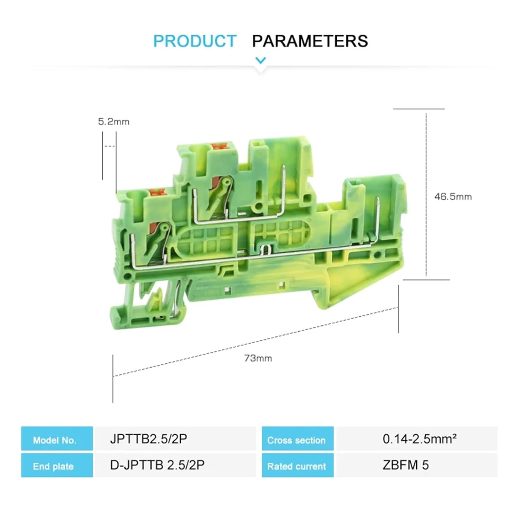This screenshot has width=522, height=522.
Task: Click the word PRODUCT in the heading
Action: click(x=195, y=41)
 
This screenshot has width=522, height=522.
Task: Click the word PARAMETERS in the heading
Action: click(x=310, y=41)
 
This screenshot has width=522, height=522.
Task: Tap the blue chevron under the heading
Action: click(x=261, y=60)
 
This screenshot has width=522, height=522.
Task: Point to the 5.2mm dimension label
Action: click(x=113, y=122)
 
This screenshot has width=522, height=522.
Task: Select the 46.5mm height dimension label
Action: click(x=453, y=197)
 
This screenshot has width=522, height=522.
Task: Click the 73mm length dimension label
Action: click(x=258, y=358)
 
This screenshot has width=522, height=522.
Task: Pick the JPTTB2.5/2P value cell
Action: click(x=149, y=439)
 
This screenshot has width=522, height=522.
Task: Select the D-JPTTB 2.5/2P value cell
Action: click(x=157, y=465)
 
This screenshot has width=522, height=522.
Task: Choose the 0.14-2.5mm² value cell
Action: click(x=419, y=439)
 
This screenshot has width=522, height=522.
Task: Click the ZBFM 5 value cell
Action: click(x=405, y=465)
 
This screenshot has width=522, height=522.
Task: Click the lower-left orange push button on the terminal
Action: click(x=156, y=192)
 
